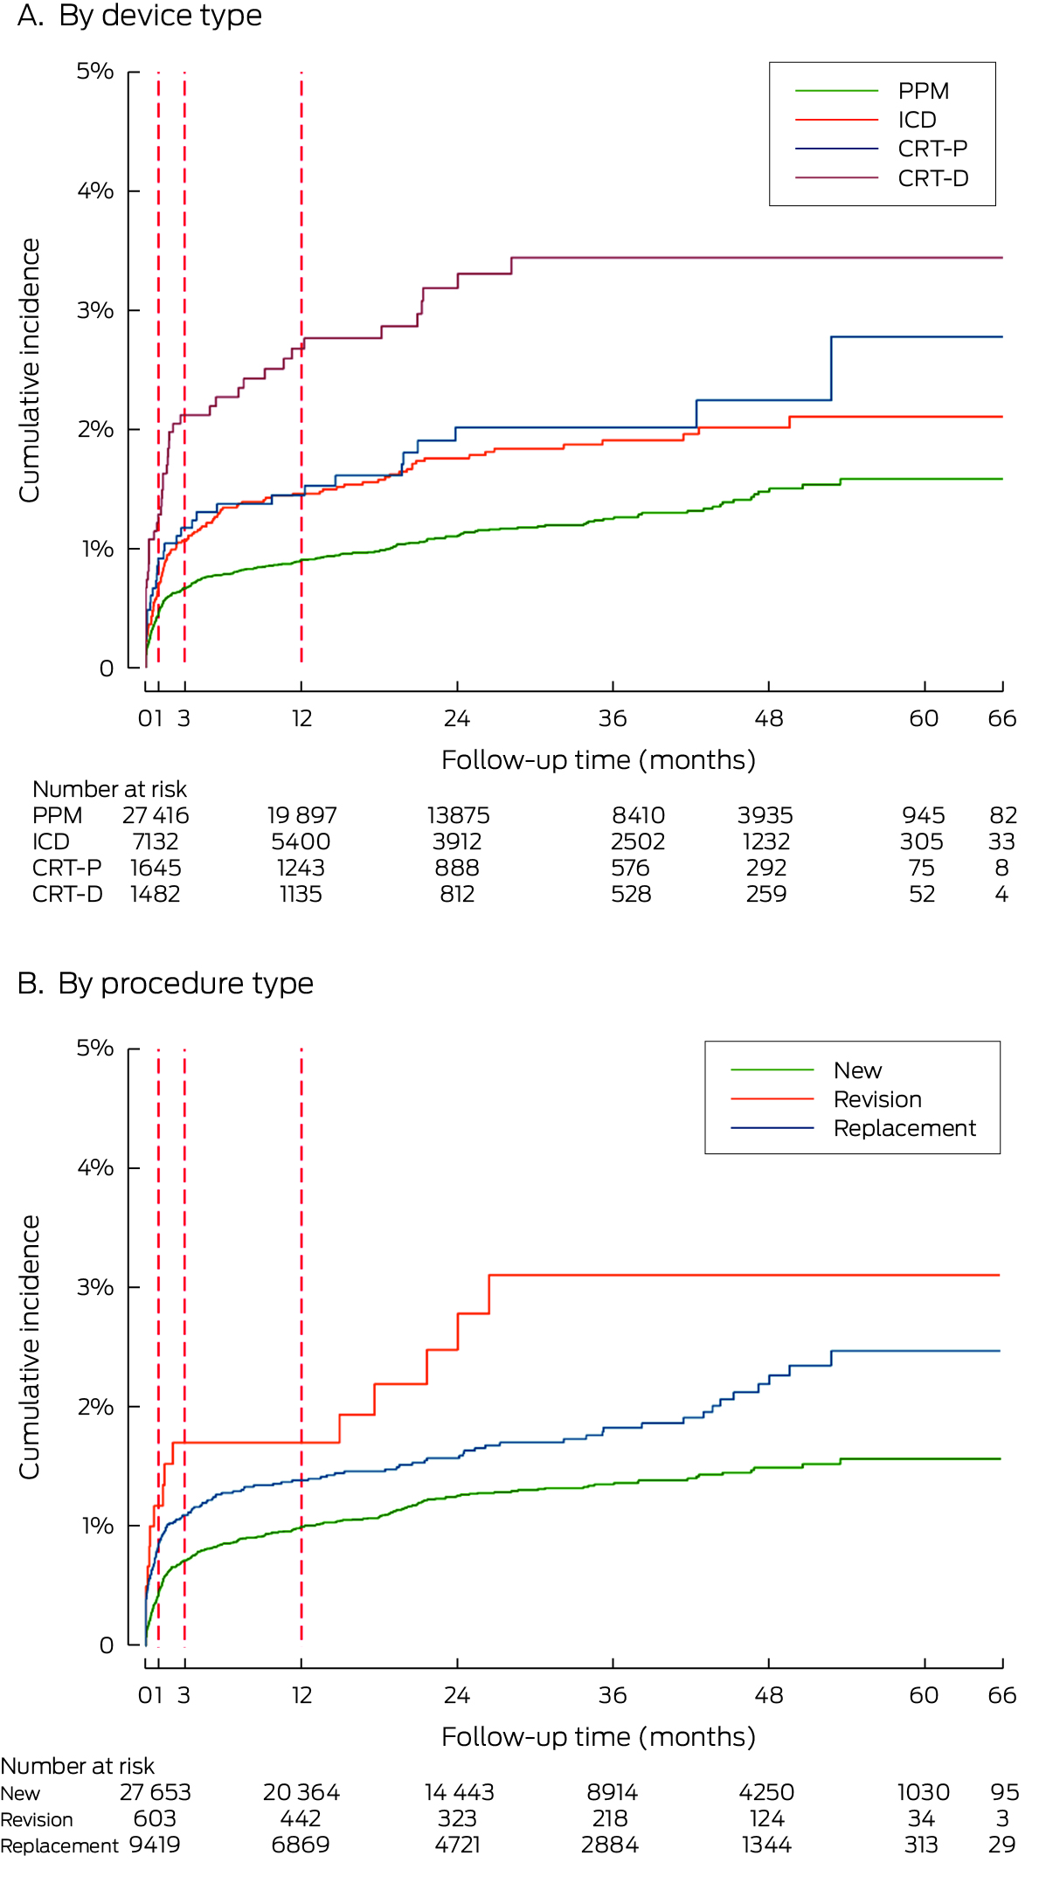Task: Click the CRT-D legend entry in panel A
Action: coord(932,178)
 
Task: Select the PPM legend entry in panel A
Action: coord(923,91)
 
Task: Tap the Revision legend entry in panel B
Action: coord(877,1099)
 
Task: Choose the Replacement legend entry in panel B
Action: coord(904,1128)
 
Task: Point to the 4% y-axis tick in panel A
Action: coord(95,190)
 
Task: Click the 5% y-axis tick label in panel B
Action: coord(95,1048)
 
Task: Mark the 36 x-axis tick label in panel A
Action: coord(613,719)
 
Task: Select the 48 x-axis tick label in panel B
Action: coord(768,1696)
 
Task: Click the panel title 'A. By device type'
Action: coord(140,16)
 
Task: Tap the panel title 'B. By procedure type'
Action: coord(165,984)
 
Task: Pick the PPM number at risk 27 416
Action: coord(156,816)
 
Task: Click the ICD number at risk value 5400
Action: coord(301,842)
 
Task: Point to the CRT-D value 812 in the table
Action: coord(457,895)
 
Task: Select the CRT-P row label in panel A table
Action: coord(66,869)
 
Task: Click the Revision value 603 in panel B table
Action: coord(155,1818)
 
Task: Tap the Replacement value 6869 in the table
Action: coord(301,1845)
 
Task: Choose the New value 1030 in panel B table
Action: coord(923,1792)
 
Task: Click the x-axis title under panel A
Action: coord(599,760)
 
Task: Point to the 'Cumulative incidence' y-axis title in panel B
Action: coord(30,1347)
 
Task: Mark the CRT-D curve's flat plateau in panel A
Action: coord(752,258)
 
